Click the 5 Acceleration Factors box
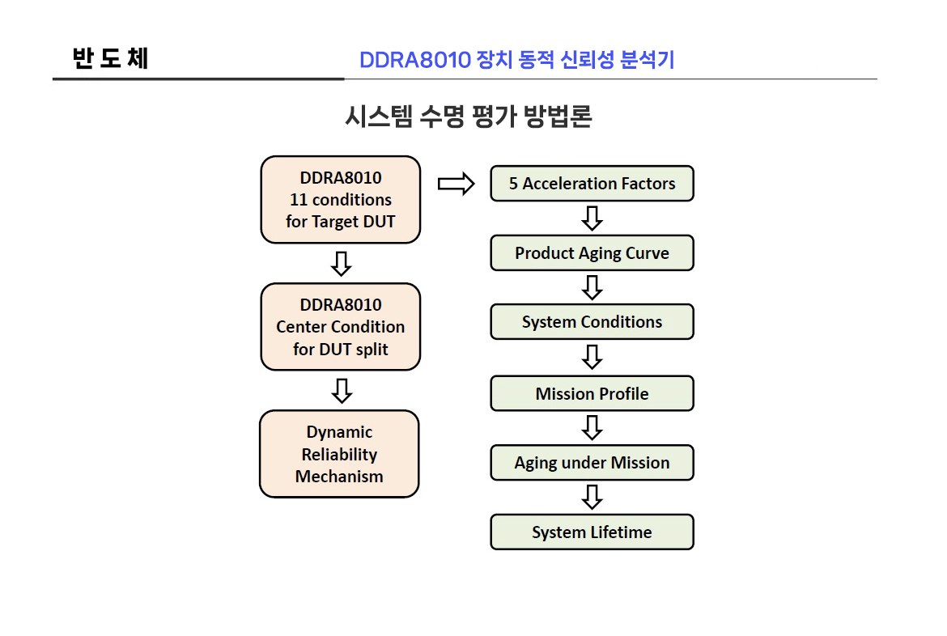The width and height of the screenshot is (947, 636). [x=592, y=184]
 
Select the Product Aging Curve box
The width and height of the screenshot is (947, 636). [x=592, y=253]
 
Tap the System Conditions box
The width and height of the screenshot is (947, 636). [x=592, y=322]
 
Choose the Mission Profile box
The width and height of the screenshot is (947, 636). [x=592, y=394]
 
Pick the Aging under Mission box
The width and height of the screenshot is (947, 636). [x=592, y=463]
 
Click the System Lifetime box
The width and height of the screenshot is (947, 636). [x=592, y=532]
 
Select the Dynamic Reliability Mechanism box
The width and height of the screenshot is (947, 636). [x=339, y=454]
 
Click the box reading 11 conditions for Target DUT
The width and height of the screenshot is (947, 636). [x=340, y=200]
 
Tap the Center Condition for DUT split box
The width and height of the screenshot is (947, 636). [x=340, y=327]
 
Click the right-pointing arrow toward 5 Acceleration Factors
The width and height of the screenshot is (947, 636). [x=456, y=184]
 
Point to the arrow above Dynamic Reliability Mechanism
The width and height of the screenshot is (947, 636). [x=342, y=391]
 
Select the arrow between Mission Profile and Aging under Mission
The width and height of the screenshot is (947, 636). [x=592, y=428]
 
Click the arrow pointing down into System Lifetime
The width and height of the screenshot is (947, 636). [x=592, y=497]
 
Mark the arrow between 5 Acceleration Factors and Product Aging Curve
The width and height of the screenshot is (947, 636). [x=592, y=218]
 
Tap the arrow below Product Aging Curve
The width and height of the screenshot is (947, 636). [x=592, y=287]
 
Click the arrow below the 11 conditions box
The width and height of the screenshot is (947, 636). [x=342, y=263]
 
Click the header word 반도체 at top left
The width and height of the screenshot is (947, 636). [x=110, y=59]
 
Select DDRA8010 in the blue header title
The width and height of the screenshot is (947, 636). [x=414, y=60]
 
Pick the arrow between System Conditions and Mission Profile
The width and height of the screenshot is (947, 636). [x=592, y=357]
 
